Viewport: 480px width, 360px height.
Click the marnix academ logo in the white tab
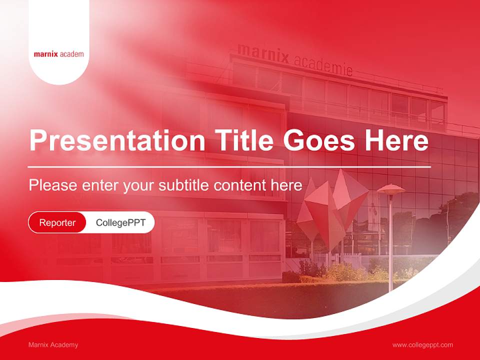pos(58,54)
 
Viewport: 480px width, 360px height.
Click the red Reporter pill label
pos(57,222)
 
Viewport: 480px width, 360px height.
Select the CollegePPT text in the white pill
pos(120,222)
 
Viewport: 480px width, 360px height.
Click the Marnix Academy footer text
pos(53,345)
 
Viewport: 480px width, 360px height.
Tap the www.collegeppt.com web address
pos(422,345)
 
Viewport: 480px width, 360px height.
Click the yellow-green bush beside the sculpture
pos(345,272)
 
